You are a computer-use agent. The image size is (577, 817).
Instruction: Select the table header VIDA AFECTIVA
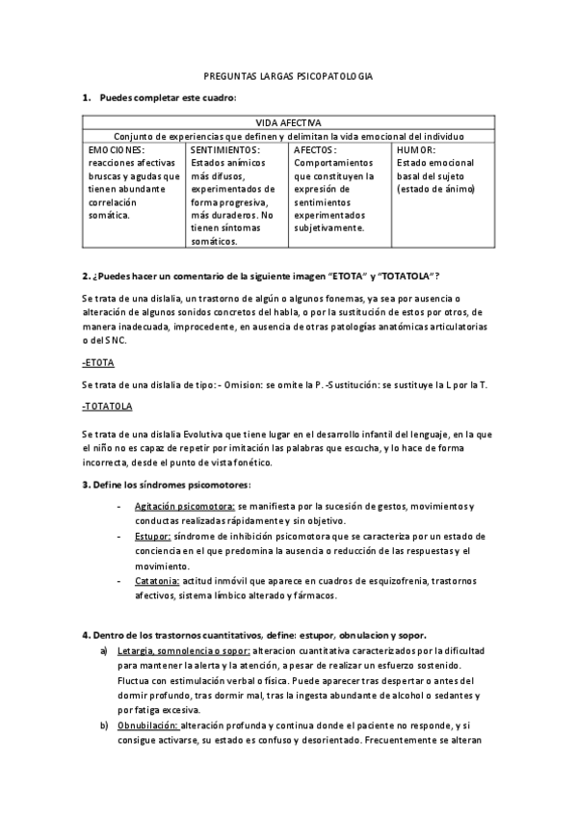click(x=289, y=123)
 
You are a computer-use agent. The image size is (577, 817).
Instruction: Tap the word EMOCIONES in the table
click(x=117, y=150)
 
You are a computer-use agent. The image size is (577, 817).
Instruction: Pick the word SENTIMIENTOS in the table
click(x=224, y=150)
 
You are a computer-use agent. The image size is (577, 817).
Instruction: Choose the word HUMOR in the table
click(x=416, y=150)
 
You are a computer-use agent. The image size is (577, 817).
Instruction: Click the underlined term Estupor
click(x=153, y=536)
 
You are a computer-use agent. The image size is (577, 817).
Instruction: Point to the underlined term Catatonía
click(x=157, y=581)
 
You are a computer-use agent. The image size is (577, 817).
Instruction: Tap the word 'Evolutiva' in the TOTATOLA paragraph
click(x=202, y=435)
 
